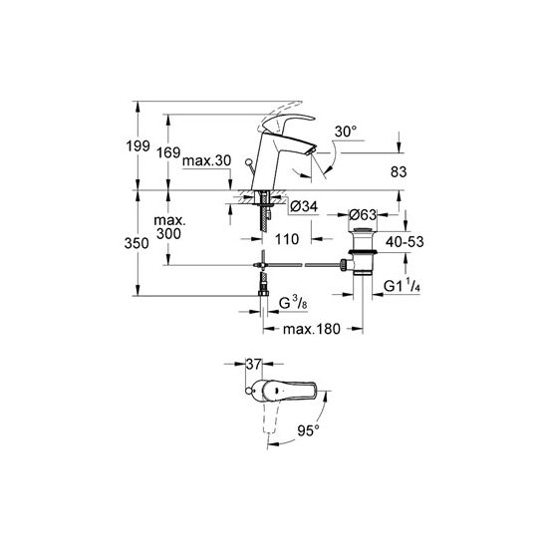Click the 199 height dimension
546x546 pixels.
point(137,145)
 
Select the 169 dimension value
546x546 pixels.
point(168,152)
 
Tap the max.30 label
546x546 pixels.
point(207,160)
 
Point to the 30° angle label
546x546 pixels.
point(346,132)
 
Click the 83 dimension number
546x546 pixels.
point(399,172)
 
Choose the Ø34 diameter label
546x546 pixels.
point(304,206)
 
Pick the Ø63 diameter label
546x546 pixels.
point(363,215)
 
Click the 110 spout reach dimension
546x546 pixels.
point(287,239)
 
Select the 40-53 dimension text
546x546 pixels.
point(405,242)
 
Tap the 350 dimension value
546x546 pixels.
point(136,243)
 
